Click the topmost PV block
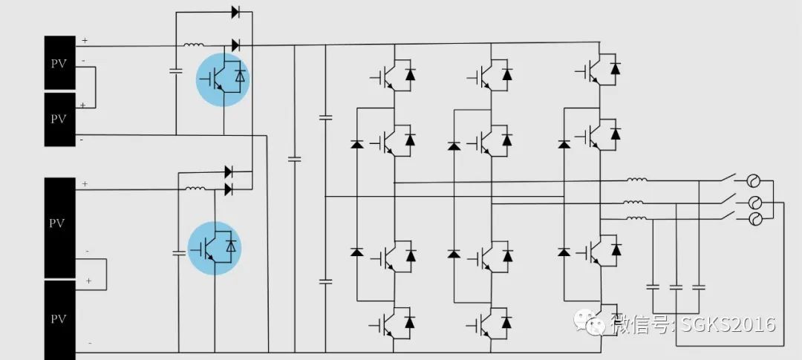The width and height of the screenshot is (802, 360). coord(59,63)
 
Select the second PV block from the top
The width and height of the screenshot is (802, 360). coord(59,120)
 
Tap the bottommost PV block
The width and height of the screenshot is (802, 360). coord(59,320)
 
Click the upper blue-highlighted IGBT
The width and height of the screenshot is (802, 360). coord(223,79)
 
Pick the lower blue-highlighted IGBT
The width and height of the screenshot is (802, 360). coord(215,248)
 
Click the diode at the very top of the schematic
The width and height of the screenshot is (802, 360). coord(236,12)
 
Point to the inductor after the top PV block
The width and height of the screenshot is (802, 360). coord(193,45)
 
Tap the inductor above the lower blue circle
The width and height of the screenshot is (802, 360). coord(195,189)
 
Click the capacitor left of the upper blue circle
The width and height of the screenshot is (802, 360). coord(176,71)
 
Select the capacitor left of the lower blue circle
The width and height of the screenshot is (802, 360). coord(179,252)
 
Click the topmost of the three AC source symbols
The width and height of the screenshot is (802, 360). coord(754,180)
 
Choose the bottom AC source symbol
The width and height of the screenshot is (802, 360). coord(755,219)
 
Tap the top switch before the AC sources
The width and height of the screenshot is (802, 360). coord(728,178)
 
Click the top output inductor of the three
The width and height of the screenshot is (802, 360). coord(637,180)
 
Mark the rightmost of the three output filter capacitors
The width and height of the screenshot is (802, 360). coord(698,287)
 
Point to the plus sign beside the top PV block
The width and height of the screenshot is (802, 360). coord(85,40)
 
